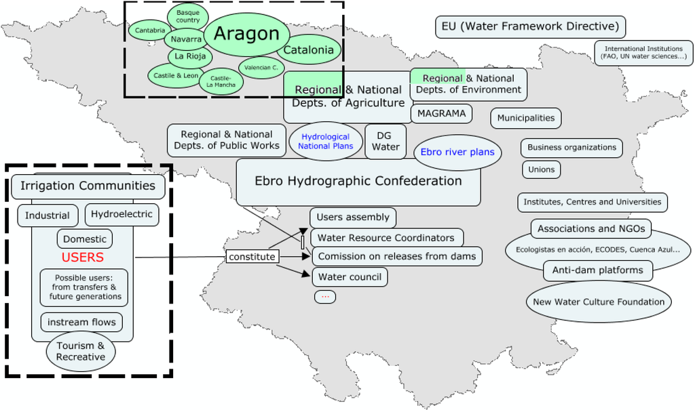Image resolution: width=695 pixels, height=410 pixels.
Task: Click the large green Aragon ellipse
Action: [246, 34]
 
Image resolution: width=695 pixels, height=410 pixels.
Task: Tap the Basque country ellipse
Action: [188, 16]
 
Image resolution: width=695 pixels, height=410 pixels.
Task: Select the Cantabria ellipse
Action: [150, 30]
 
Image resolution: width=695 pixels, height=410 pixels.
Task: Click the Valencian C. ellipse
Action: [261, 67]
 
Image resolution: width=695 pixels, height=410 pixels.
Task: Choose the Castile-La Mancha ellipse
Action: [221, 81]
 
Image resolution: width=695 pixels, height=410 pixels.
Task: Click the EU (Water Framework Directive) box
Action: [530, 27]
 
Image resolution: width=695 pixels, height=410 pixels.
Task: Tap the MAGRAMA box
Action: [441, 113]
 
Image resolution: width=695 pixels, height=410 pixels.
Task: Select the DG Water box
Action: [386, 141]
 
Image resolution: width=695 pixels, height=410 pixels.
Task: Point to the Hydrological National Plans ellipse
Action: [326, 141]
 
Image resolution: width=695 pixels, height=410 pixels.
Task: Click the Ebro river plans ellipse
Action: [457, 152]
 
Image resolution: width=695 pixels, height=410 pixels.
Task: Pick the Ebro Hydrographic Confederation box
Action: [358, 182]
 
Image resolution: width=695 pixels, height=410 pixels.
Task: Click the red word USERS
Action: [83, 258]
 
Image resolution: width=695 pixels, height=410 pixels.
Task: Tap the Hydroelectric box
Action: [122, 215]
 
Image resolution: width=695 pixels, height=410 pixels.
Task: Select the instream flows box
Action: [81, 322]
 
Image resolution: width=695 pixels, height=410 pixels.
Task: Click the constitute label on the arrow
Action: [252, 257]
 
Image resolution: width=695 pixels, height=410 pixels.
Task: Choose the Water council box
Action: [350, 276]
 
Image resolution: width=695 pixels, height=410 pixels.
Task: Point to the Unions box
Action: [541, 169]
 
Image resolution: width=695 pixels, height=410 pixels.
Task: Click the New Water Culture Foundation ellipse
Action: [599, 302]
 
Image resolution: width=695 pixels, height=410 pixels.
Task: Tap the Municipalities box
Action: [526, 118]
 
